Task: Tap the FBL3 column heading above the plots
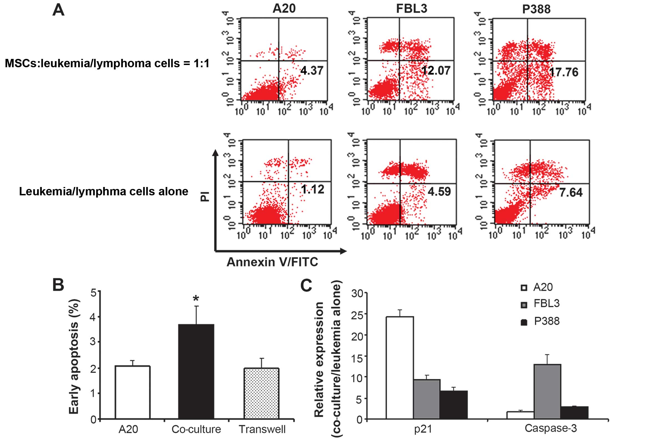coord(411,9)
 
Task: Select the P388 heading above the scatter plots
coord(536,9)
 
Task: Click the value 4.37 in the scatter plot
coord(312,71)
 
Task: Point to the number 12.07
coord(436,71)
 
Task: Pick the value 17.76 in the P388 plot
coord(563,72)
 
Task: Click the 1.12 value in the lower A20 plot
coord(312,189)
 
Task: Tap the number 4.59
coord(439,191)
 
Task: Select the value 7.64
coord(571,193)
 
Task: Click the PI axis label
coord(205,196)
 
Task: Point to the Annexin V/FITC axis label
coord(272,262)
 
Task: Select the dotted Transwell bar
coord(261,393)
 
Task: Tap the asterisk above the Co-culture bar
coord(196,298)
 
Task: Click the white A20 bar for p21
coord(400,367)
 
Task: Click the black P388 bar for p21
coord(453,405)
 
